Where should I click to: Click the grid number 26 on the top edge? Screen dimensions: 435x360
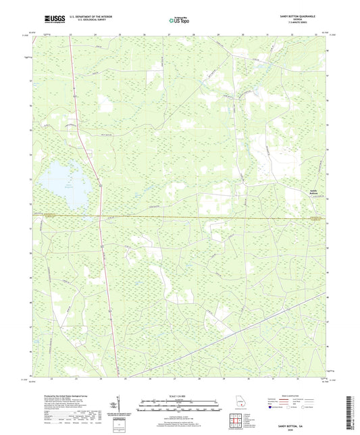(143, 33)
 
